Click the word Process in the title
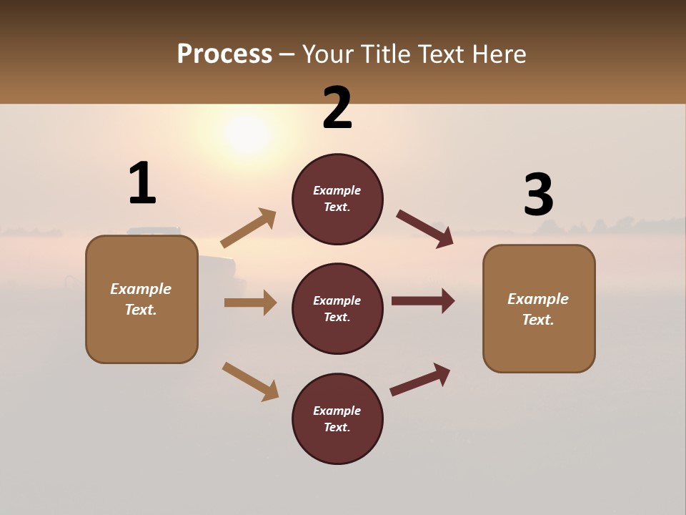224,54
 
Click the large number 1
142,183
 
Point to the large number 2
337,108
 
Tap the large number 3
538,195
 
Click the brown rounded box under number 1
141,299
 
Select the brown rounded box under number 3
539,308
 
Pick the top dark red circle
337,199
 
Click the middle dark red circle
337,308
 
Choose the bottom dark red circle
337,418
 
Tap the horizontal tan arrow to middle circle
250,303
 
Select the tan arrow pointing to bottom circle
250,381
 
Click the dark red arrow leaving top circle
424,228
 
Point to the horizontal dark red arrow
423,301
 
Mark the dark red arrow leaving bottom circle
420,379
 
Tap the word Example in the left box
141,289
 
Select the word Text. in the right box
538,320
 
